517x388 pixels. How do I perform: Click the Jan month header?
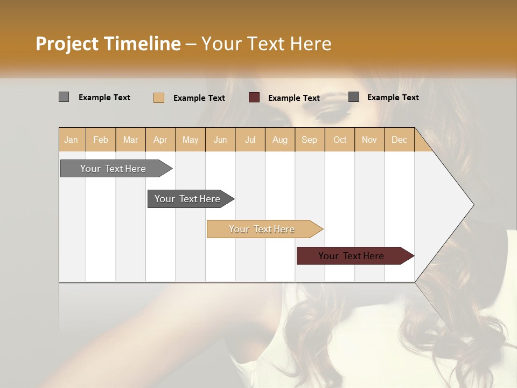71,140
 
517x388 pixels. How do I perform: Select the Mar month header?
130,140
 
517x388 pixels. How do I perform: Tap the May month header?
190,140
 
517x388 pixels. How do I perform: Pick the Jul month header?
250,140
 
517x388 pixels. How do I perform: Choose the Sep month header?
309,140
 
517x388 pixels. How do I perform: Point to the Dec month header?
399,140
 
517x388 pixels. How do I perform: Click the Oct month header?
340,140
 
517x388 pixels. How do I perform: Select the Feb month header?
101,140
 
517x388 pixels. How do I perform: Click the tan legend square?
159,98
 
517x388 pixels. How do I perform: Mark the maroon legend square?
254,98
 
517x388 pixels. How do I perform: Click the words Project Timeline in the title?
108,43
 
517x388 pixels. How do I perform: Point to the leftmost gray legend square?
64,97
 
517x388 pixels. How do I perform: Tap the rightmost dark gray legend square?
354,97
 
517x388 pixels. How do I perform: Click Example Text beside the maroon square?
294,98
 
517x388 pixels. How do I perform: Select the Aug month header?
280,140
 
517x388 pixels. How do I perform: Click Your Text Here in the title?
266,43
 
